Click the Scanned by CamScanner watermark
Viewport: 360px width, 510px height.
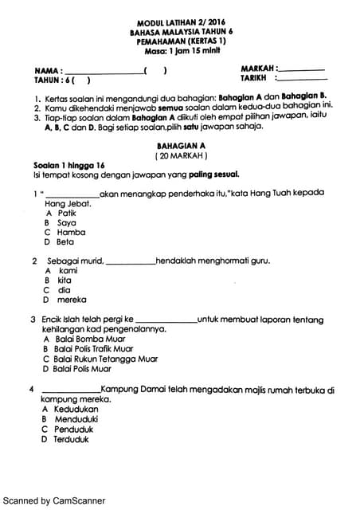pyautogui.click(x=53, y=501)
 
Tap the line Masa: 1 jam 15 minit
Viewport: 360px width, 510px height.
pyautogui.click(x=182, y=50)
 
